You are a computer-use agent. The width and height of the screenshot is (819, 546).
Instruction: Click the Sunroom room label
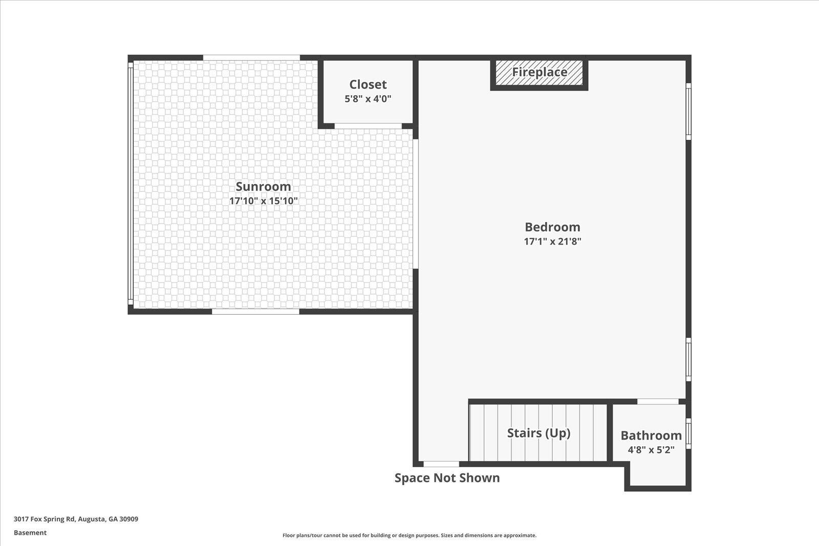click(263, 186)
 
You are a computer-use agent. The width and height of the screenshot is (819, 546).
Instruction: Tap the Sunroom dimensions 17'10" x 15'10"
click(263, 201)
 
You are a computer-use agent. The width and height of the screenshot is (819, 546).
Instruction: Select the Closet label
click(368, 84)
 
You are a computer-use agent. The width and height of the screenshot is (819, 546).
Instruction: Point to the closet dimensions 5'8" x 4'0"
click(368, 99)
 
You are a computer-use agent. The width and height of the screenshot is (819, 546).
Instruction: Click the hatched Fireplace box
click(539, 73)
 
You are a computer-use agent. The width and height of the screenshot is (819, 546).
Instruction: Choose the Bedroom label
click(552, 227)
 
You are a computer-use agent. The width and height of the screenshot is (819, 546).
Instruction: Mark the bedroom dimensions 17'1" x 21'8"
click(552, 242)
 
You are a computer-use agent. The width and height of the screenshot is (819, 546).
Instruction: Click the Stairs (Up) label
click(538, 433)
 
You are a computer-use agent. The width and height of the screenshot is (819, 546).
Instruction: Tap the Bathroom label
click(651, 435)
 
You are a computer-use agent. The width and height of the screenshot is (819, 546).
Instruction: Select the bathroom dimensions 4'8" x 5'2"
click(651, 450)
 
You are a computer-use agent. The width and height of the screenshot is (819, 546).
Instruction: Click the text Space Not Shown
click(447, 478)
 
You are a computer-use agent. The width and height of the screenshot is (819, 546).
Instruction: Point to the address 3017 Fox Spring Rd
click(44, 519)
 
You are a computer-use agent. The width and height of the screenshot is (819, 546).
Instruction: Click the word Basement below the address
click(30, 533)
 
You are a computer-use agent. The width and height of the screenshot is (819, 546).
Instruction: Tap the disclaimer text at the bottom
click(409, 535)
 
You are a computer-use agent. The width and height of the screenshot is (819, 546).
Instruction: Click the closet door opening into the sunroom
click(368, 126)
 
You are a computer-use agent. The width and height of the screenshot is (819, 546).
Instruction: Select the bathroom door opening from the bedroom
click(658, 401)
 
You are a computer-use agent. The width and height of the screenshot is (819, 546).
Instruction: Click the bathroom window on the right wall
click(688, 433)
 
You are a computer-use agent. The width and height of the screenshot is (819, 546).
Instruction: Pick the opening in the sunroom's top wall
click(251, 58)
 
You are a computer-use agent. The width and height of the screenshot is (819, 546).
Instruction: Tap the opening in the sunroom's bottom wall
click(255, 311)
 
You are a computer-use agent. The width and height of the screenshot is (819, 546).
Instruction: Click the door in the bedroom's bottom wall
click(441, 464)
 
